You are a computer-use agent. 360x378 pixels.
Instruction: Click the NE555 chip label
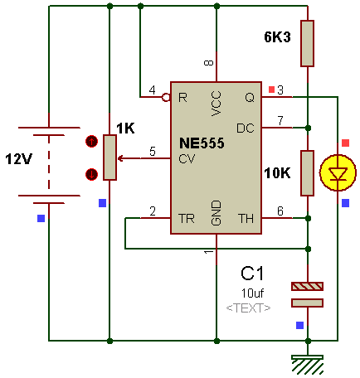click(x=202, y=143)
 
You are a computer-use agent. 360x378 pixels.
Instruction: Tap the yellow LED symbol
click(x=338, y=173)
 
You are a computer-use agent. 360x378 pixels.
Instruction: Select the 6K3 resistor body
click(x=307, y=43)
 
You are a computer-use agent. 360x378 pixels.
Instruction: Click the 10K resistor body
click(x=307, y=173)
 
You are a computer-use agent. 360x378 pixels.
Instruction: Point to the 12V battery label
click(x=18, y=159)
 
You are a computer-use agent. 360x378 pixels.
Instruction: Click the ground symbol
click(x=307, y=364)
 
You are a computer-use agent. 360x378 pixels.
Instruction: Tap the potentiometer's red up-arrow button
click(x=91, y=142)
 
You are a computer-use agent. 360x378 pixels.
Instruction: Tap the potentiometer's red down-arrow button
click(x=91, y=174)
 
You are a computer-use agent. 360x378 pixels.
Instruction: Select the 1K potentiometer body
click(x=109, y=157)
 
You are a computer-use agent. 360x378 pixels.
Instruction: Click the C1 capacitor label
click(x=252, y=274)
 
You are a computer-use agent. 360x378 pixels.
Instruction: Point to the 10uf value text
click(x=252, y=293)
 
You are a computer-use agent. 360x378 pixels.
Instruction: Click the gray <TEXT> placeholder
click(x=248, y=308)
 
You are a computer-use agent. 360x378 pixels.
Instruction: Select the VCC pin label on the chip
click(x=216, y=104)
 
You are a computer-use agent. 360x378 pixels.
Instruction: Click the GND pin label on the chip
click(x=216, y=213)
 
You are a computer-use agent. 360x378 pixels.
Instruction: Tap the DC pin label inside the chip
click(x=246, y=128)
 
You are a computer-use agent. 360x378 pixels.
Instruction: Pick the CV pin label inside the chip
click(x=187, y=159)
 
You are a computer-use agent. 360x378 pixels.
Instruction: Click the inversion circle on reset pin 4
click(x=166, y=97)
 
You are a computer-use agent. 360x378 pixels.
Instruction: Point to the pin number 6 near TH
click(x=280, y=211)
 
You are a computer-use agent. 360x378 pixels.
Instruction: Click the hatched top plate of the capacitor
click(x=307, y=286)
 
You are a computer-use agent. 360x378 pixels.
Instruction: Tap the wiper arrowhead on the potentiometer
click(x=120, y=158)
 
